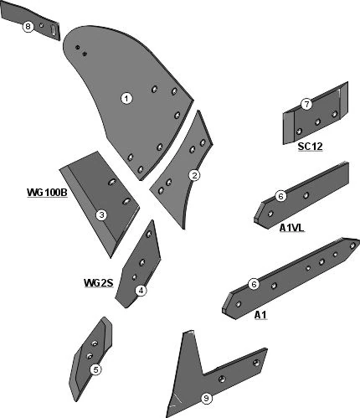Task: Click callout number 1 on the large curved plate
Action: pyautogui.click(x=126, y=99)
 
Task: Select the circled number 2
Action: pyautogui.click(x=194, y=175)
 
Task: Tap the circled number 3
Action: pyautogui.click(x=101, y=215)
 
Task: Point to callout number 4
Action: pyautogui.click(x=141, y=291)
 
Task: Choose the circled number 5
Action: pyautogui.click(x=95, y=369)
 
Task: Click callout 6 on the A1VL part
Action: pyautogui.click(x=280, y=196)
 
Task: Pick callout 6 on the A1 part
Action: pyautogui.click(x=254, y=285)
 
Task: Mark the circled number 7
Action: pyautogui.click(x=306, y=105)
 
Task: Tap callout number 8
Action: pyautogui.click(x=28, y=27)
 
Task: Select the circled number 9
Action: pyautogui.click(x=206, y=398)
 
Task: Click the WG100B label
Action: pyautogui.click(x=47, y=193)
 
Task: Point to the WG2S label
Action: pyautogui.click(x=99, y=283)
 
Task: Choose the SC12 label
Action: pyautogui.click(x=310, y=147)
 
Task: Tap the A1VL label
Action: pyautogui.click(x=291, y=228)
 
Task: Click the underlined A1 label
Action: pyautogui.click(x=260, y=315)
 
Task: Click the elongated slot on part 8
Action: pyautogui.click(x=54, y=30)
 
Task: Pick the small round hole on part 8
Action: pyautogui.click(x=41, y=25)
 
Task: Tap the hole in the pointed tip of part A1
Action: pyautogui.click(x=352, y=245)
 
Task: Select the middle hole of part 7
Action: pyautogui.click(x=317, y=122)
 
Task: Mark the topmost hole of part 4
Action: pyautogui.click(x=149, y=234)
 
